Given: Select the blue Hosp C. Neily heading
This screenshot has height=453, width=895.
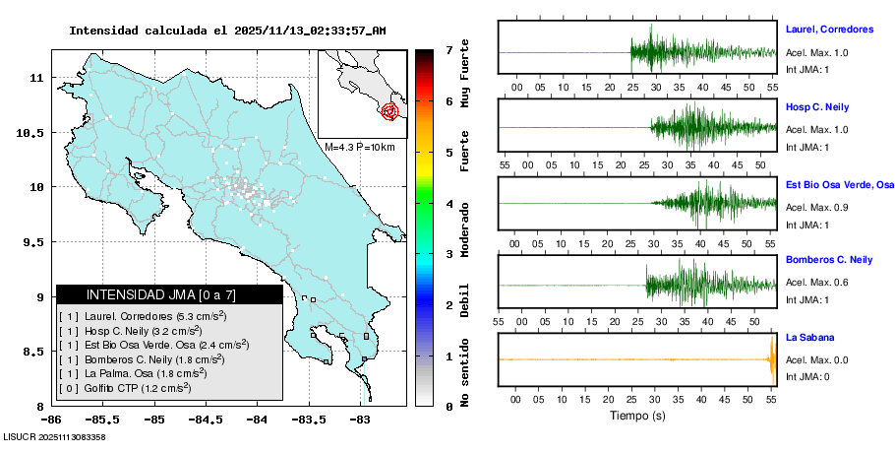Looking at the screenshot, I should (817, 106).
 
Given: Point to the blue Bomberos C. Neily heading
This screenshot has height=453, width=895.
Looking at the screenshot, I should (829, 260).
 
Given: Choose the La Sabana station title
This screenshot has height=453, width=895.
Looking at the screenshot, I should (808, 337).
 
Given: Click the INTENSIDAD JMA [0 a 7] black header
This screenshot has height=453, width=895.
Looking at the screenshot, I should (169, 294).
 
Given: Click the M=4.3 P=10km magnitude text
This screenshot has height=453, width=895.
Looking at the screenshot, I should (360, 147).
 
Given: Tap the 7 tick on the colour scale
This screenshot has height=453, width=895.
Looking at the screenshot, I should (447, 49).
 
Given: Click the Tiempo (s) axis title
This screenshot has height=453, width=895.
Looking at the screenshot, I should (638, 417).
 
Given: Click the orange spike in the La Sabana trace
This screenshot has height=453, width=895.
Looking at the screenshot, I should (772, 359).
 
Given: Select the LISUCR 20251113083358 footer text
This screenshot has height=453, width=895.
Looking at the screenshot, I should (55, 436).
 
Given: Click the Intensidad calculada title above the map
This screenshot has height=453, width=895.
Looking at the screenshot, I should (227, 31).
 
